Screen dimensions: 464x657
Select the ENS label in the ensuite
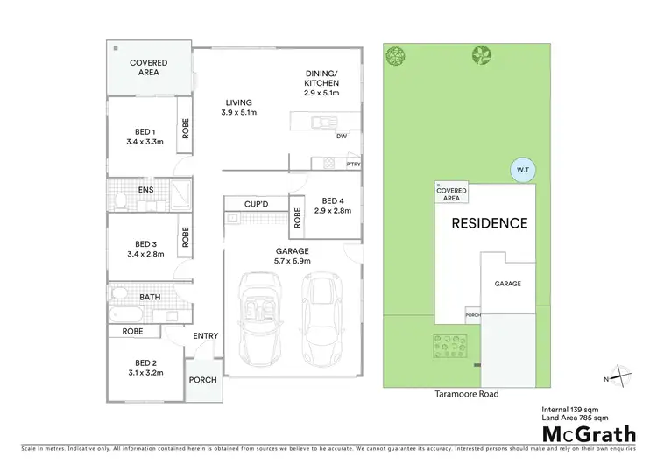click(x=147, y=188)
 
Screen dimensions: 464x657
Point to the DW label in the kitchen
click(x=342, y=137)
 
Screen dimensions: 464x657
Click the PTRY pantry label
click(x=353, y=165)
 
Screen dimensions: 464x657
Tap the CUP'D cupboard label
click(x=256, y=204)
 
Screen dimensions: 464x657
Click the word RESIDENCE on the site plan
click(x=489, y=223)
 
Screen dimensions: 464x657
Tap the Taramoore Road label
click(x=468, y=394)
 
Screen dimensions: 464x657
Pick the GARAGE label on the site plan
click(x=508, y=284)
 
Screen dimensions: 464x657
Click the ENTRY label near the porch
click(x=205, y=336)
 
